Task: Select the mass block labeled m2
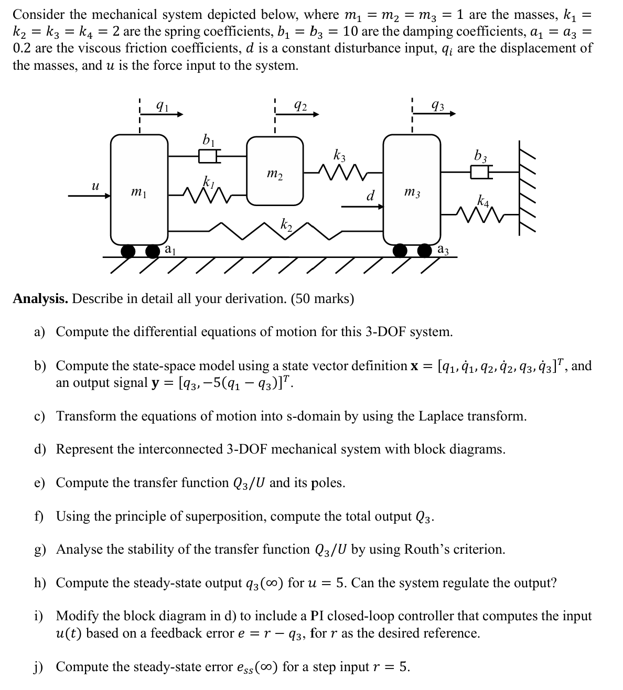(275, 171)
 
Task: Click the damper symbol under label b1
(208, 155)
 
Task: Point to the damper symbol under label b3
(480, 171)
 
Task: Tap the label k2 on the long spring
(286, 225)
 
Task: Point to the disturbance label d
(370, 197)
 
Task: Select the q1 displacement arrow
(169, 114)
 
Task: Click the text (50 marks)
(321, 299)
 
